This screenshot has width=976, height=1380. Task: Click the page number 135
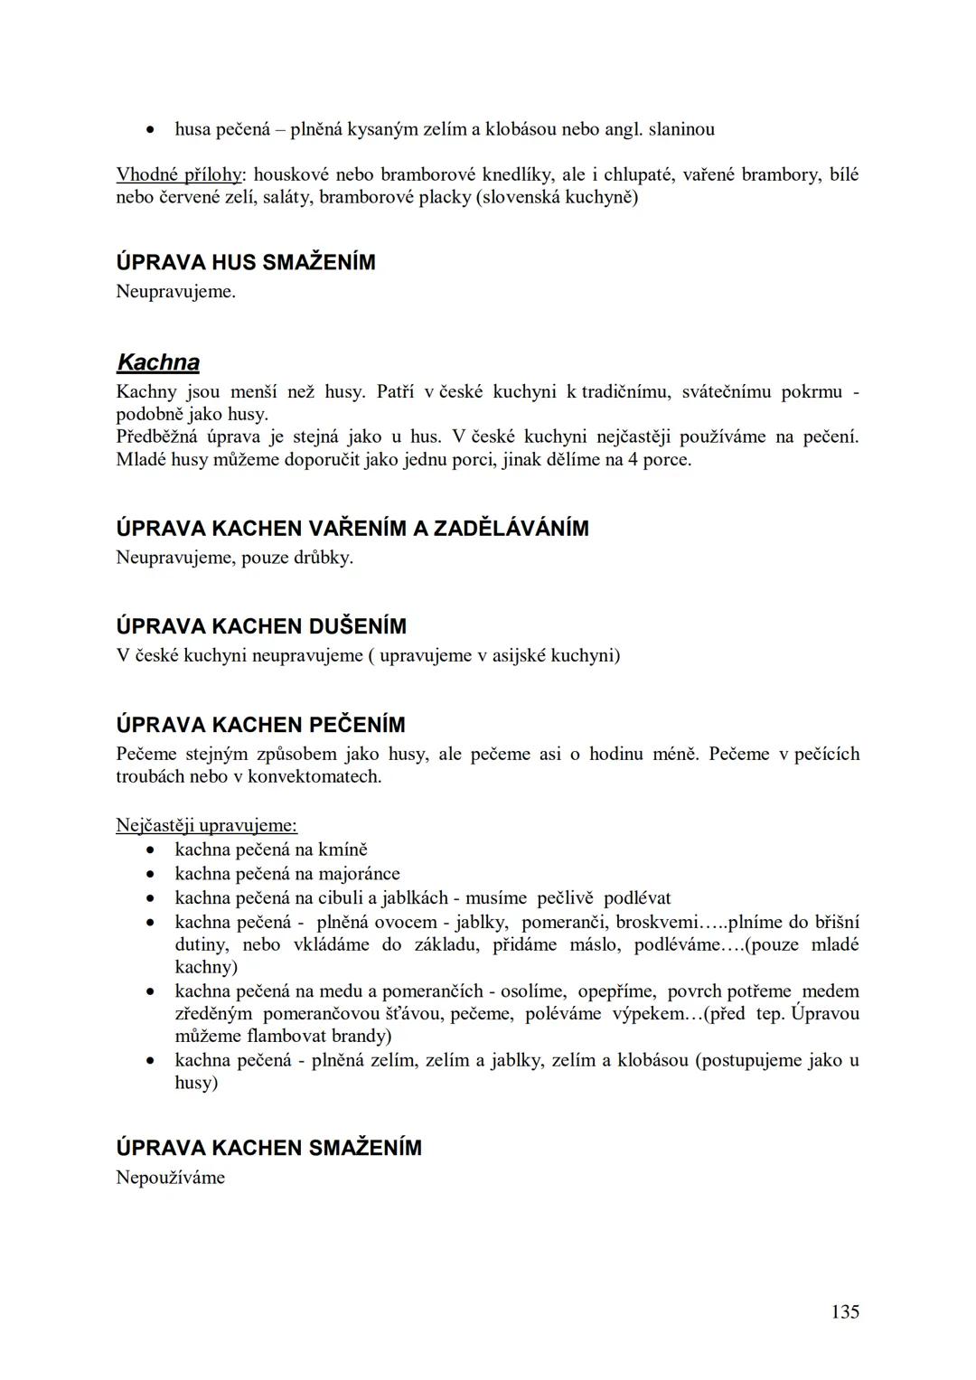coord(845,1311)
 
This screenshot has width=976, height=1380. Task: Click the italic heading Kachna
coord(158,363)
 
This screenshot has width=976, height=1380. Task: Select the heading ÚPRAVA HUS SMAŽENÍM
coord(246,263)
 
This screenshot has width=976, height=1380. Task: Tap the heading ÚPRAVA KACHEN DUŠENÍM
coord(261,626)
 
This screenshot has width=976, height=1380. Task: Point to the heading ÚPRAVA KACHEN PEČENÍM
coord(260,725)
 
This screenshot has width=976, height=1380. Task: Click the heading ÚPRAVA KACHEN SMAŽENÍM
coord(268,1148)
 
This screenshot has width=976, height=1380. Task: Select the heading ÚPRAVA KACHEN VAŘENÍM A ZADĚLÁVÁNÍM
coord(352,529)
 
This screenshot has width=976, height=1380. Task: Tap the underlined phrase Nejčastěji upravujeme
coord(206,825)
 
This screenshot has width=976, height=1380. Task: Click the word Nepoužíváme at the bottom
coord(170,1178)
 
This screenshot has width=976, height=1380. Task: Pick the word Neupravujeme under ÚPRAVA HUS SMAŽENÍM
coord(174,292)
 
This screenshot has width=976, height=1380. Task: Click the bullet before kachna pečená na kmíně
coord(154,850)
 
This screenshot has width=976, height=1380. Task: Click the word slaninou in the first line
coord(681,129)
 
